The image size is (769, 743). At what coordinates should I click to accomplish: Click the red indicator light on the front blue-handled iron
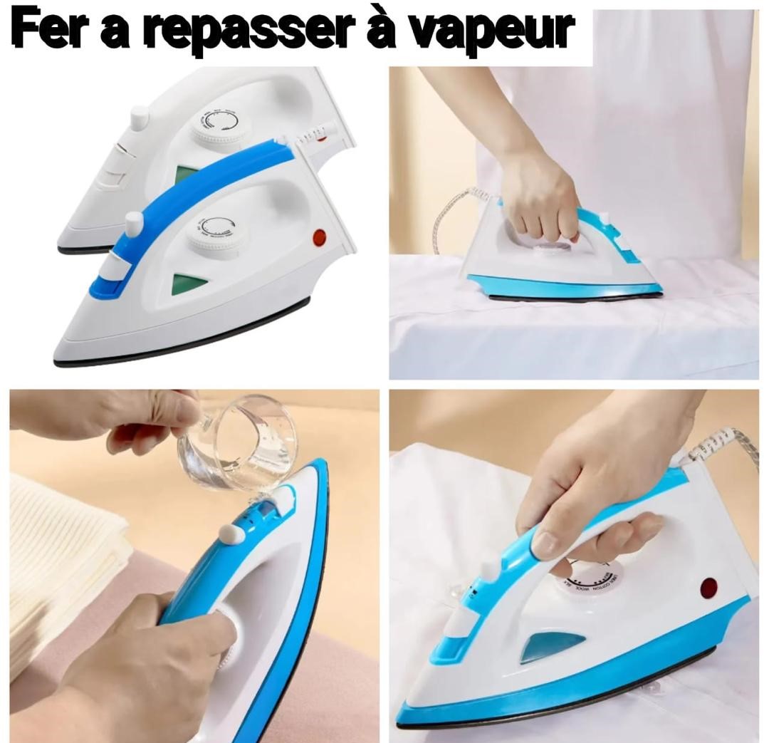tap(318, 237)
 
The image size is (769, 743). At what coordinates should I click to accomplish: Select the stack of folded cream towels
tap(57, 563)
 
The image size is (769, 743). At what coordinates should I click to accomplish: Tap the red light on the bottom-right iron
tap(708, 588)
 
